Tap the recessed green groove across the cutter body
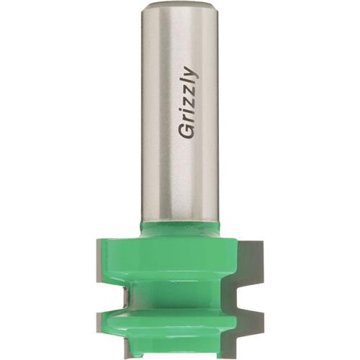180,295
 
